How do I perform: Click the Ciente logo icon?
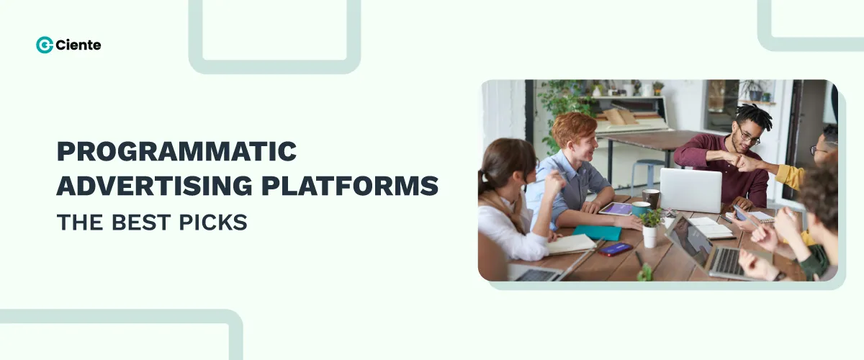point(44,45)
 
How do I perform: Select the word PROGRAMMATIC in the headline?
point(176,152)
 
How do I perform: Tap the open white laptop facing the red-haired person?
point(690,190)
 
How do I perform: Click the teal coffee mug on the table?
point(639,209)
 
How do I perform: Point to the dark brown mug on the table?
point(651,198)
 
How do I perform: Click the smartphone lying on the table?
point(614,248)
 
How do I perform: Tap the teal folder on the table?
point(597,233)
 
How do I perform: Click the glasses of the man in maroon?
point(749,136)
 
